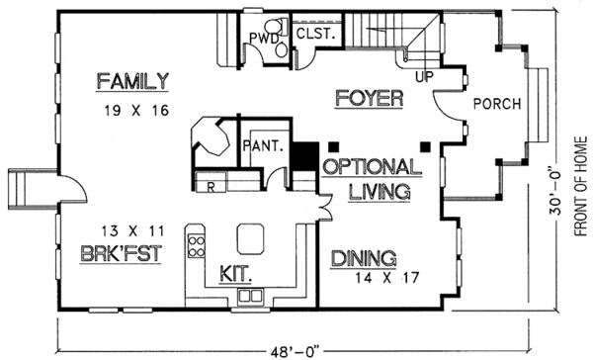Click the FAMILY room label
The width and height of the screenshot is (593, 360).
pos(133,80)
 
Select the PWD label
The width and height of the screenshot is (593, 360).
pos(261,40)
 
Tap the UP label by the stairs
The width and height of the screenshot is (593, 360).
pos(427,75)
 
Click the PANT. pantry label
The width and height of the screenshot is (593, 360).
pos(264,145)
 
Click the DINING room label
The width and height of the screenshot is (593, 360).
pos(363,259)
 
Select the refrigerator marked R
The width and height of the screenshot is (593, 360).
pos(211,184)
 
